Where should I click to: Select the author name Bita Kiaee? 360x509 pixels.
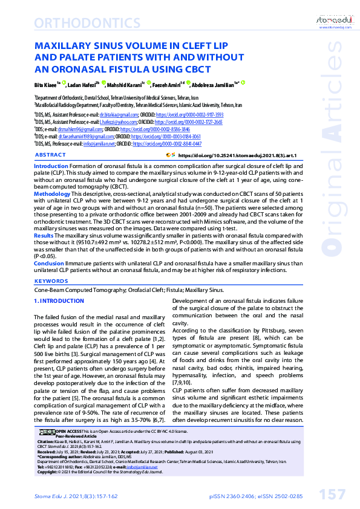coord(44,85)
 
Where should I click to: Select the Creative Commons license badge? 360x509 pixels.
coord(47,430)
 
